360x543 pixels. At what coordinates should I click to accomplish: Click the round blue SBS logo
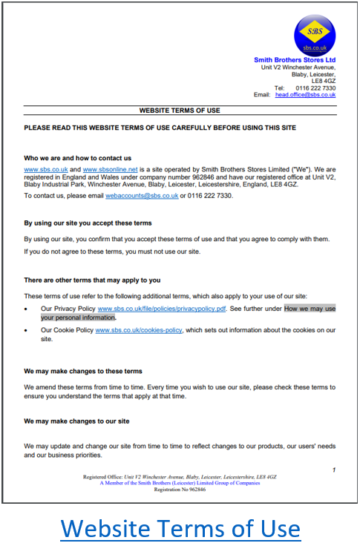(314, 36)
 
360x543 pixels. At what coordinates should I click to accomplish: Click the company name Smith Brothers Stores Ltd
(295, 60)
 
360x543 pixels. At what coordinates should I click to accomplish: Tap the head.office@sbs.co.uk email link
(306, 95)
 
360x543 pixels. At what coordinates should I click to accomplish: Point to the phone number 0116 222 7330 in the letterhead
(315, 88)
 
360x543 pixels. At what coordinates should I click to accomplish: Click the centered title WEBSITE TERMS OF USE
(180, 111)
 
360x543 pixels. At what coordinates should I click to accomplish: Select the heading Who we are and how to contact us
(78, 158)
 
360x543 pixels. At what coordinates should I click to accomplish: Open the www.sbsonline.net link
(108, 170)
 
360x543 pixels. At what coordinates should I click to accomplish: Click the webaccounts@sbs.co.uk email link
(142, 196)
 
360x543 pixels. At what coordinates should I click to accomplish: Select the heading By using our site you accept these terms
(88, 223)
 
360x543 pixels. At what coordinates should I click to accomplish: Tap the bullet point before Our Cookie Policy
(27, 330)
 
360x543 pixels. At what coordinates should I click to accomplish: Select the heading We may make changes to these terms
(83, 371)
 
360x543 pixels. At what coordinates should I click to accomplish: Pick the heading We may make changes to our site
(77, 421)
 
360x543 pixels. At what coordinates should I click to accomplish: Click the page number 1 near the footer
(334, 470)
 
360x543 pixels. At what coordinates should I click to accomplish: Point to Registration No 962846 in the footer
(180, 490)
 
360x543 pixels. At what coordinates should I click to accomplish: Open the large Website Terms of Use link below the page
(180, 528)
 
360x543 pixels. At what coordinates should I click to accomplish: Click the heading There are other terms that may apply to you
(92, 280)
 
